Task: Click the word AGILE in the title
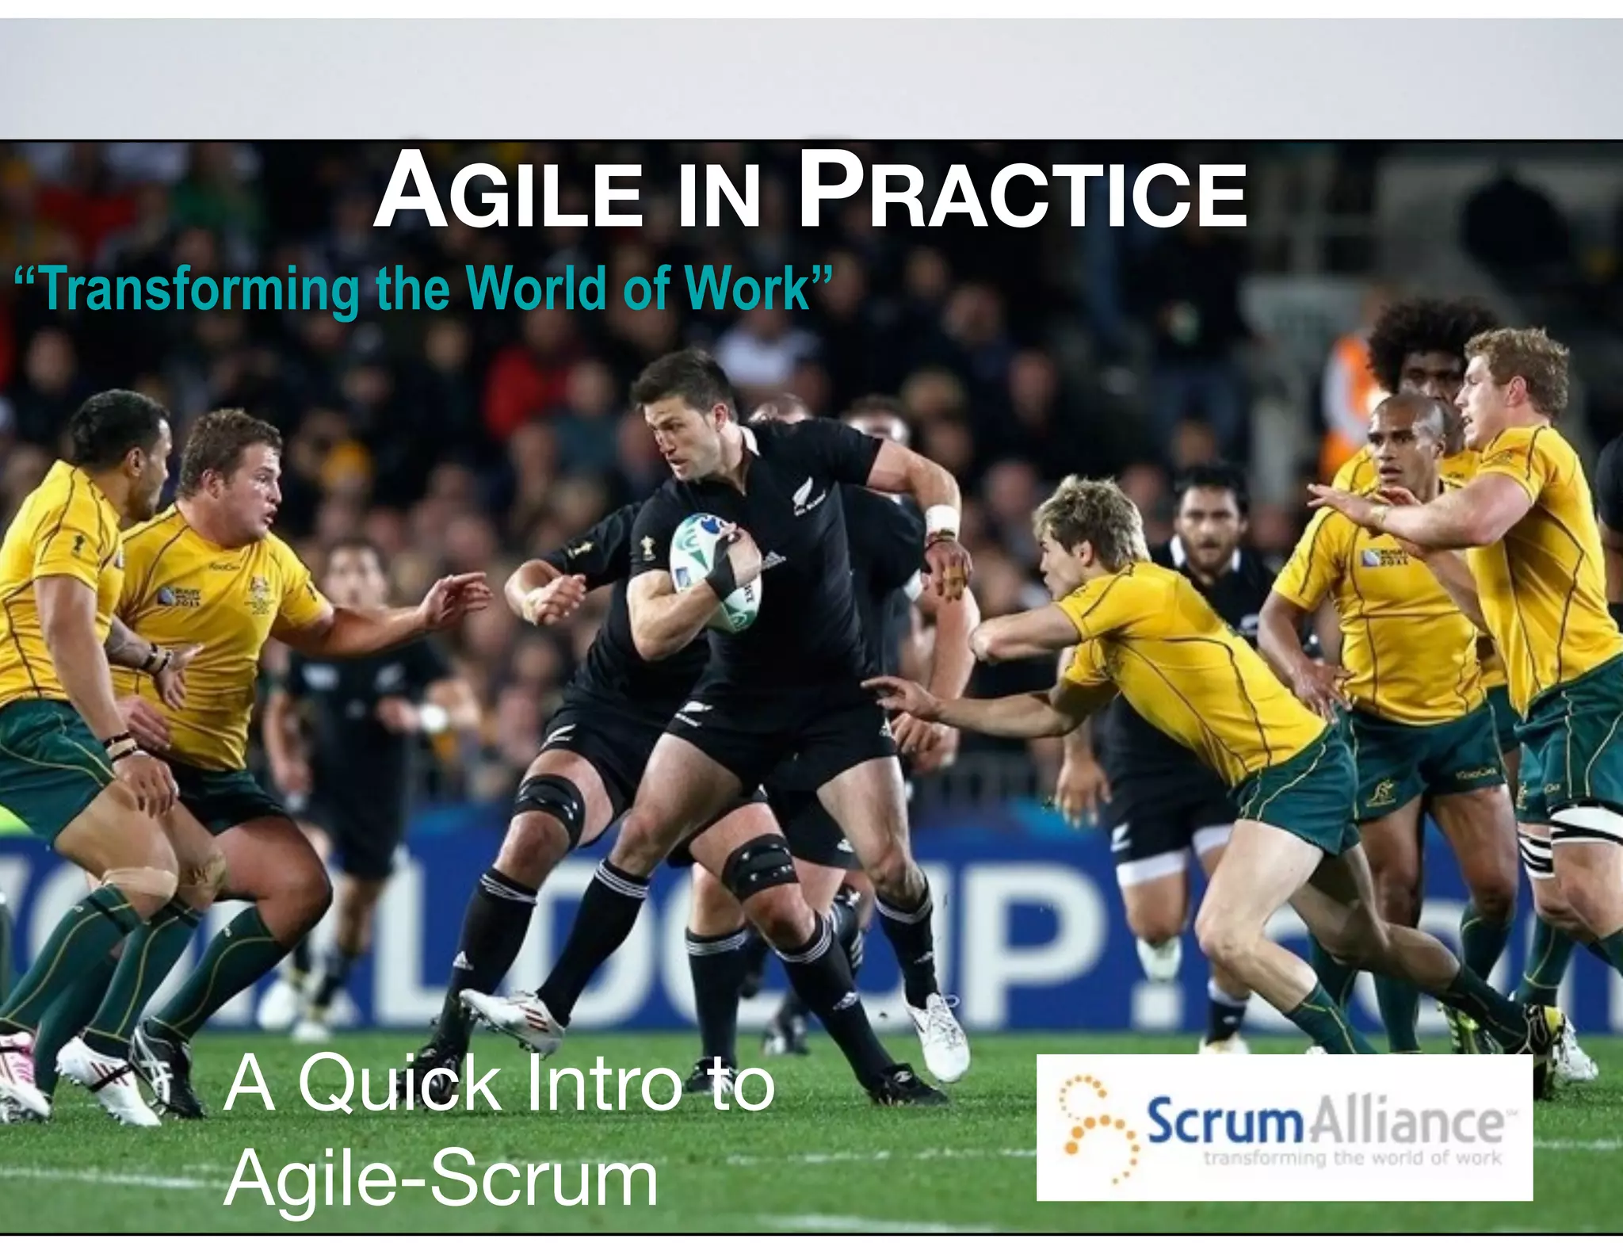[x=508, y=193]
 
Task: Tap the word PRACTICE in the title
[x=1022, y=193]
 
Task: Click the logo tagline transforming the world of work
[x=1352, y=1158]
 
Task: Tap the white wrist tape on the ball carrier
[x=942, y=519]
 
